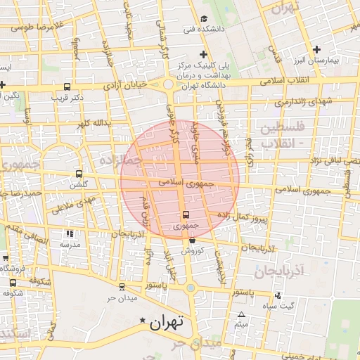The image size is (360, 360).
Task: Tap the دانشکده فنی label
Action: point(200,30)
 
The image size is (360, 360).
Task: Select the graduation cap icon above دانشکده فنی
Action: point(204,18)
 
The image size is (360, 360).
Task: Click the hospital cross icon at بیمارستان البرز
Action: point(317,49)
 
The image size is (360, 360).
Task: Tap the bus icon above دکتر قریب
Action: point(67,87)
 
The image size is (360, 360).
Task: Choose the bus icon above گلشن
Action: point(78,174)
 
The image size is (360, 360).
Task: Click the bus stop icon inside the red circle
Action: point(186,214)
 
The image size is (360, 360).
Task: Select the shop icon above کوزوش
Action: point(192,240)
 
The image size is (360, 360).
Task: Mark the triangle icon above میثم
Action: point(242,314)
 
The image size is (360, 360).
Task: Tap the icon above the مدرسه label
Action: point(69,233)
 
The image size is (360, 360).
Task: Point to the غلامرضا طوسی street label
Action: point(32,27)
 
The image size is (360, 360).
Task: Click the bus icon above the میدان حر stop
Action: point(122,287)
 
